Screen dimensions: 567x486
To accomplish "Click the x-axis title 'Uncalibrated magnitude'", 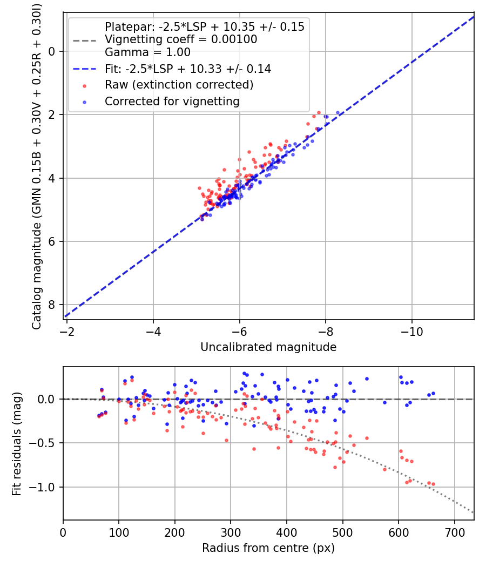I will click(x=268, y=347).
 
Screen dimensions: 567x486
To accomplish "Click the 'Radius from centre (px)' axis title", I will click(x=268, y=548).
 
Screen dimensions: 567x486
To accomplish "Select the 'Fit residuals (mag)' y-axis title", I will click(x=17, y=443).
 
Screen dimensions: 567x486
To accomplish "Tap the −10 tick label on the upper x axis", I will click(x=412, y=331).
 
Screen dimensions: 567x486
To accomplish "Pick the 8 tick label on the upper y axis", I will click(x=52, y=305).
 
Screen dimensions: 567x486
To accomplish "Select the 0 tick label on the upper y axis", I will click(x=52, y=51).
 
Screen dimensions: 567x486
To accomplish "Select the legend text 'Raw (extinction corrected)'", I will click(x=179, y=85).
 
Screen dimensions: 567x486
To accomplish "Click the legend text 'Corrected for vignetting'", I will click(x=172, y=101).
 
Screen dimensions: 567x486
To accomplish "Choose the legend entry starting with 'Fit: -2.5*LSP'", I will click(x=188, y=69).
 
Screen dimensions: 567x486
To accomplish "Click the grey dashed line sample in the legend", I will click(x=84, y=39).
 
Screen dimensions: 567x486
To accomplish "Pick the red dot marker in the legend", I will click(x=84, y=85).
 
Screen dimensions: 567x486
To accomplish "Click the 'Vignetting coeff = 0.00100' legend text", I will click(x=181, y=39).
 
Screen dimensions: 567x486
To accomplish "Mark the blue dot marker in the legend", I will click(x=84, y=102).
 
